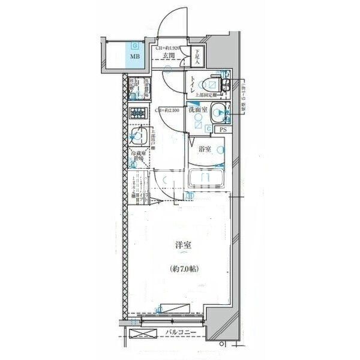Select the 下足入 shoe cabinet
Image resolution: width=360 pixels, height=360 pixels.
click(198, 57)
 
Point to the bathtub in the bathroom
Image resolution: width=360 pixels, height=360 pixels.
click(206, 179)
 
